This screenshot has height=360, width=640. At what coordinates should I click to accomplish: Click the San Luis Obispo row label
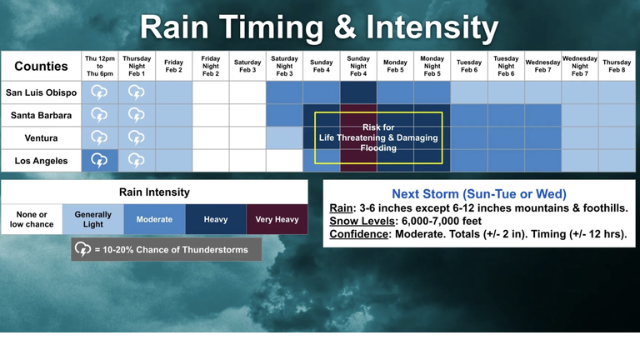[x=41, y=92]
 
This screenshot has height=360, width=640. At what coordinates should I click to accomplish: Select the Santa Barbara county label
[x=41, y=116]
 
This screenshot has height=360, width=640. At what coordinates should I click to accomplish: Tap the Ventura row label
[x=41, y=138]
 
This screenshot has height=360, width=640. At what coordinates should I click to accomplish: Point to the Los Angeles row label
[x=41, y=161]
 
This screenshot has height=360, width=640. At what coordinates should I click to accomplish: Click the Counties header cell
[x=41, y=66]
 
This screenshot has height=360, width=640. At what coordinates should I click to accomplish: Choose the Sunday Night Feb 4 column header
[x=358, y=66]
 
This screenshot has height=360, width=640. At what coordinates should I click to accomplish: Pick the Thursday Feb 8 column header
[x=617, y=66]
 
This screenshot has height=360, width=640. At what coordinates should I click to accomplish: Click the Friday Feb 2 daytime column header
[x=173, y=66]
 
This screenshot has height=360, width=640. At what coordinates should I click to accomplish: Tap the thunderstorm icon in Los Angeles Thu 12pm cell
[x=99, y=161]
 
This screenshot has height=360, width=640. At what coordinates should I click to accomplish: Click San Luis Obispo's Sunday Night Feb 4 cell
[x=358, y=92]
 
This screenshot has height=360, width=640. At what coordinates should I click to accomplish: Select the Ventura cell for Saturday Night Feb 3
[x=284, y=138]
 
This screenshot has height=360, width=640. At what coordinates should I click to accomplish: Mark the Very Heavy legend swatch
[x=277, y=219]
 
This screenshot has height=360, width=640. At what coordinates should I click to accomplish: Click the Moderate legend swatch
[x=155, y=219]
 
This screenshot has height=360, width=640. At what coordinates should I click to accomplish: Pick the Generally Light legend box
[x=93, y=219]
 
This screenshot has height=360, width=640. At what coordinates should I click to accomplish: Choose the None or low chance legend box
[x=32, y=219]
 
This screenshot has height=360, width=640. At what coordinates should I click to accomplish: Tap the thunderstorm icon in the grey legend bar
[x=82, y=249]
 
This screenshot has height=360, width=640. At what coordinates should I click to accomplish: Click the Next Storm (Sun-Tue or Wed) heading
[x=479, y=194]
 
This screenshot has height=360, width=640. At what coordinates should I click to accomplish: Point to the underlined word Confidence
[x=359, y=234]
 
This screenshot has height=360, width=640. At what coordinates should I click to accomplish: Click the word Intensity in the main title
[x=432, y=27]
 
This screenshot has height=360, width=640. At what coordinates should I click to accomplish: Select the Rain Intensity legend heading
[x=154, y=192]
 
